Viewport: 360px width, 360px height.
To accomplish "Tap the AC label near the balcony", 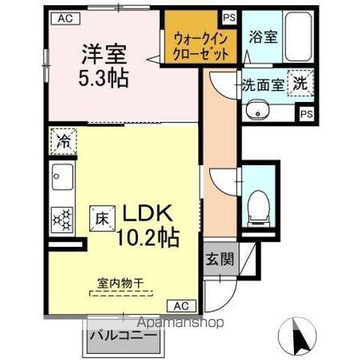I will pyautogui.click(x=181, y=306).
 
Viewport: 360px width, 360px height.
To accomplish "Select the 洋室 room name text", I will pyautogui.click(x=103, y=54).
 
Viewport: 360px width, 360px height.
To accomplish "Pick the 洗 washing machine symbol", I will pyautogui.click(x=301, y=85).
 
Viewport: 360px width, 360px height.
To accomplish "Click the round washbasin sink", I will pyautogui.click(x=259, y=112).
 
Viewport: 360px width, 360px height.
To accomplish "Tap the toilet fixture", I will pyautogui.click(x=258, y=202).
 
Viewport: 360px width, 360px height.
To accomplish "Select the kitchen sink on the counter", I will pyautogui.click(x=59, y=181).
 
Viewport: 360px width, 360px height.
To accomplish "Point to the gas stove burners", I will pyautogui.click(x=61, y=219).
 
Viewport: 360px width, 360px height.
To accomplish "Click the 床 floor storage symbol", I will pyautogui.click(x=103, y=217).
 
